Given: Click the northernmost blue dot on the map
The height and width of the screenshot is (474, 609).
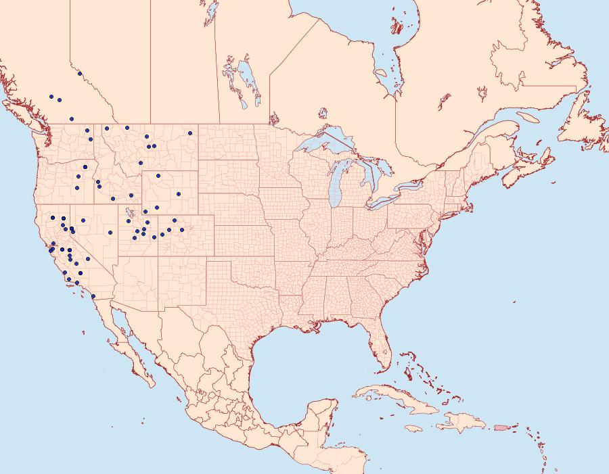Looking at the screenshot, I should click(80, 74).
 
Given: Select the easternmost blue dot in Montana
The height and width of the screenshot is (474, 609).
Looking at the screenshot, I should click(190, 133).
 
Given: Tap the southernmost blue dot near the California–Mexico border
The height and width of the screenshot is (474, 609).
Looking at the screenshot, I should click(93, 296).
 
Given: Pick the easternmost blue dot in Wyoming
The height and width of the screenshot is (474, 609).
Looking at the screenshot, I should click(179, 194).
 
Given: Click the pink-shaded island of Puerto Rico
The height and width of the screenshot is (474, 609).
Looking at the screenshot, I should click(501, 427).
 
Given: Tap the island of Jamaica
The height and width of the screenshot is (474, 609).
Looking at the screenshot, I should click(414, 428).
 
